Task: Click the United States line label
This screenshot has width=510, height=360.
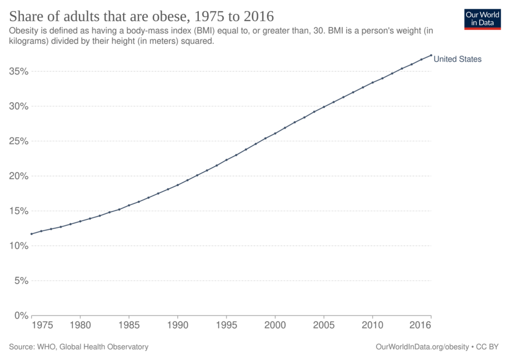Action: point(457,59)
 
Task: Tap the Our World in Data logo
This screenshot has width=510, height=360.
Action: point(482,19)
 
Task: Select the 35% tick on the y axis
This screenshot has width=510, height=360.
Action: point(19,71)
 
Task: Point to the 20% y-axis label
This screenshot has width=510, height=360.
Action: point(19,176)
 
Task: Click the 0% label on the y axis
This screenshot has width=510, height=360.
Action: point(21,316)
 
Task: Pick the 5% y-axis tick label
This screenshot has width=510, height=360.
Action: point(21,281)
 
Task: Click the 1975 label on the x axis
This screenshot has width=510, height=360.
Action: point(42,325)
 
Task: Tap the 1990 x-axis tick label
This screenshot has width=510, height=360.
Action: point(178,325)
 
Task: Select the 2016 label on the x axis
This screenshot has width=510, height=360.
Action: point(420,325)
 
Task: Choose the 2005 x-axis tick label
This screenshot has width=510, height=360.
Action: point(323,325)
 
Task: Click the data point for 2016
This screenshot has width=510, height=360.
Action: point(431,55)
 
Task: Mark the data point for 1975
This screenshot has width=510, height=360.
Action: point(32,234)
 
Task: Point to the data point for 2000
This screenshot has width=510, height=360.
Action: point(275,133)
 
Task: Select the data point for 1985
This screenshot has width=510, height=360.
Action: point(129,205)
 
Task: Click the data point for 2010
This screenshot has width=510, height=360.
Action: point(373,83)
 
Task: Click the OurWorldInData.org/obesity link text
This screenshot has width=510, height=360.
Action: point(422,347)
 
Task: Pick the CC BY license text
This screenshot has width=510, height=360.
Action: point(487,347)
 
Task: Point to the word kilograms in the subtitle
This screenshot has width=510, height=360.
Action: point(29,41)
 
